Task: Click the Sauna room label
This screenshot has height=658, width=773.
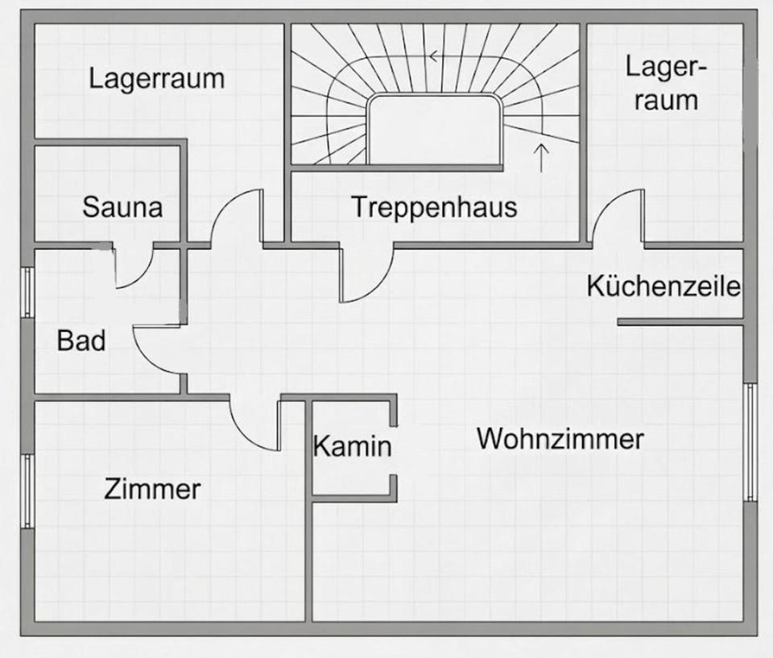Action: point(122,207)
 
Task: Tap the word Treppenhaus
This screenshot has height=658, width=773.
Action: point(434,207)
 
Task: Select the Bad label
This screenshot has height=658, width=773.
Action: point(81,340)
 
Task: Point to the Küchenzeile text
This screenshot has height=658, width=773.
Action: point(663,286)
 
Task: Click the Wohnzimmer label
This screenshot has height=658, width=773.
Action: point(560,439)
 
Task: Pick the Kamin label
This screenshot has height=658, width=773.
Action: point(352,446)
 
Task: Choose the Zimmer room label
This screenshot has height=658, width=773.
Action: point(152,488)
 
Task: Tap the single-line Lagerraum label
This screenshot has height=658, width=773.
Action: point(157,79)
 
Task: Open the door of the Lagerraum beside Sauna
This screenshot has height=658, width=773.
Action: point(237,216)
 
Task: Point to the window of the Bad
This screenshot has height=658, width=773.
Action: point(27,292)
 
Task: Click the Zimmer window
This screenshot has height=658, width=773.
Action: point(27,490)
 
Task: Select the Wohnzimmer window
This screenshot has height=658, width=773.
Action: point(750,442)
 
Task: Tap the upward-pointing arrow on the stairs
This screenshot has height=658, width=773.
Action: point(541,156)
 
